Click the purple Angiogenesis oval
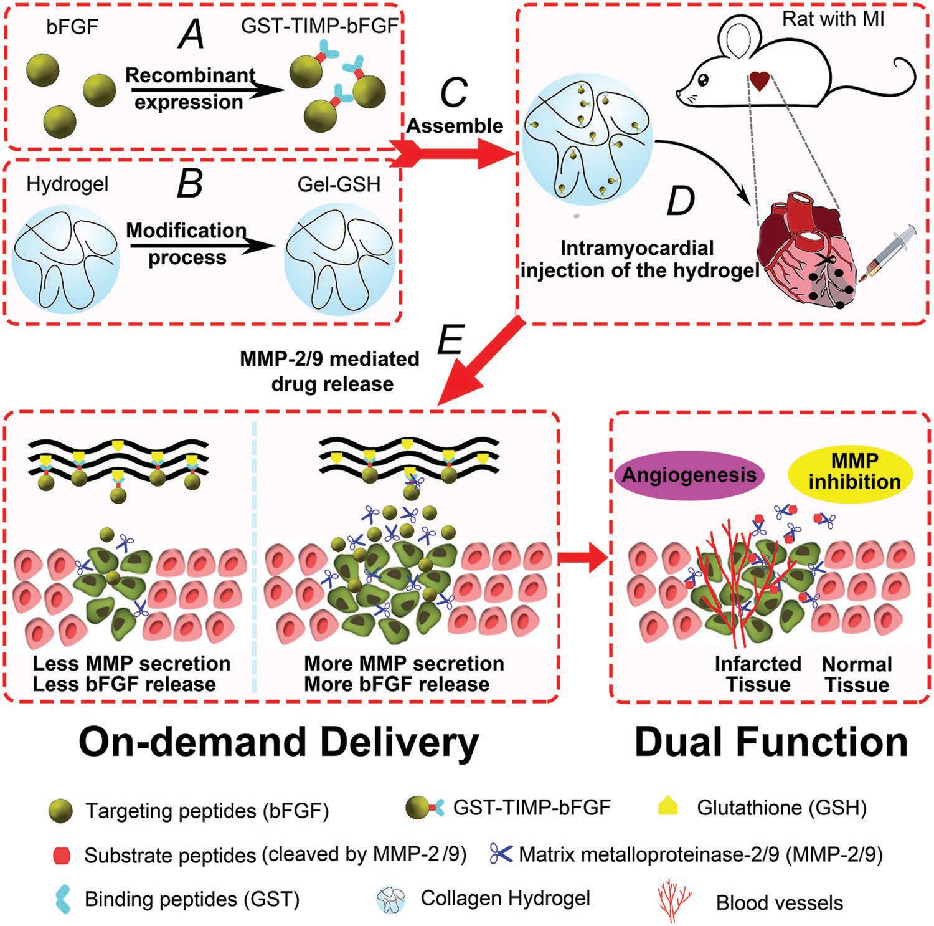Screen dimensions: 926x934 689,476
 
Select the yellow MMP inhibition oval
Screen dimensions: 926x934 854,472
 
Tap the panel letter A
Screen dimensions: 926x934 191,35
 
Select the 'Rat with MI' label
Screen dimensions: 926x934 833,19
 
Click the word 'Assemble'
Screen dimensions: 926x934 455,125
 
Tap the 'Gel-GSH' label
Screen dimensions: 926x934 339,184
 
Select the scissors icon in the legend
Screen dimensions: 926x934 501,854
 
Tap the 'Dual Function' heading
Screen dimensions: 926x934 771,743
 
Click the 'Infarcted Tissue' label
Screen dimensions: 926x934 758,674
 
